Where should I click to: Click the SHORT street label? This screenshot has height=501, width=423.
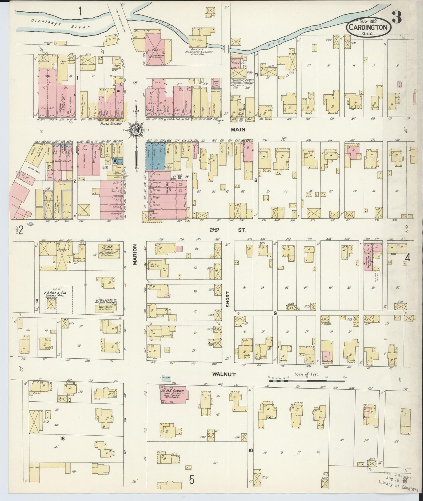pos(228,299)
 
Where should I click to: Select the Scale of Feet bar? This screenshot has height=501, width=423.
pos(307,380)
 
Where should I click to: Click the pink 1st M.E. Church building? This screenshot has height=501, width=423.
pos(174,396)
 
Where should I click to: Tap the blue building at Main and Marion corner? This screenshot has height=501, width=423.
pos(158,157)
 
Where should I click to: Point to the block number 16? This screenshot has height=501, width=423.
pos(62,438)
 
